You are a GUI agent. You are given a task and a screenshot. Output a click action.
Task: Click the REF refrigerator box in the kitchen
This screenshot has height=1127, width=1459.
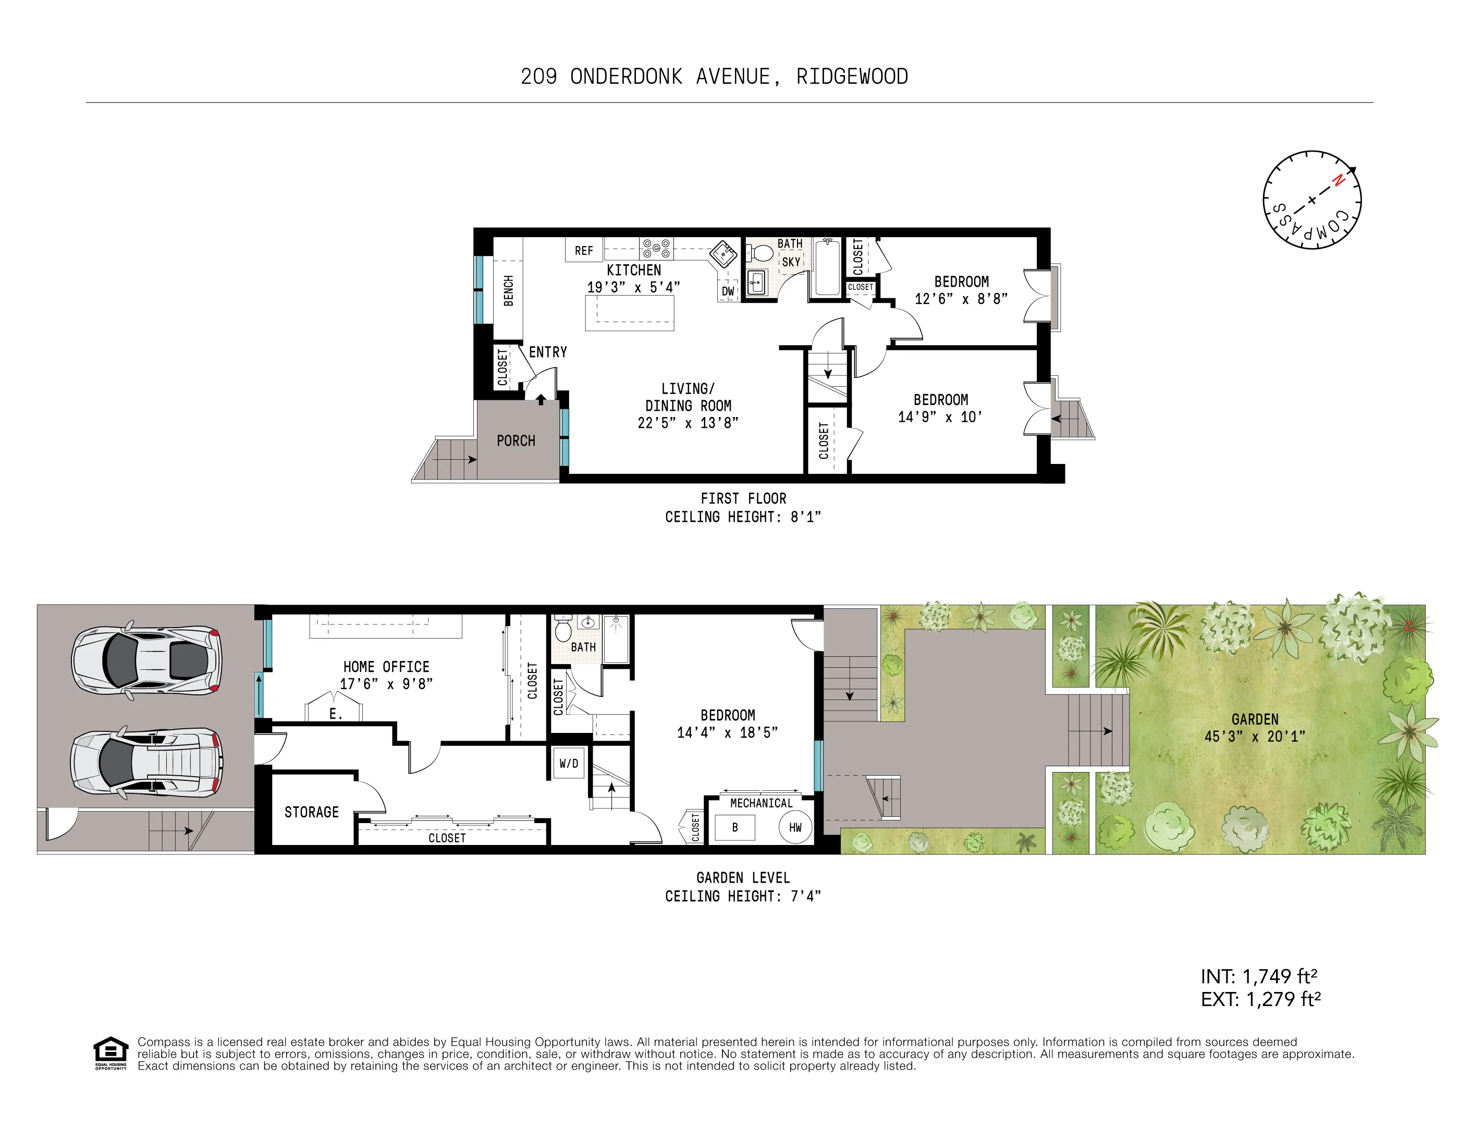583,250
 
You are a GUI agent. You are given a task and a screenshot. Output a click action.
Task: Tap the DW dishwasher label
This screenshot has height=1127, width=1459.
728,291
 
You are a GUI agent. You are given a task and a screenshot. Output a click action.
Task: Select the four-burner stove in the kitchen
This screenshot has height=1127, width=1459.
656,249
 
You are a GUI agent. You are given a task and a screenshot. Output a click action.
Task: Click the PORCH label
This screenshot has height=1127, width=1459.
516,441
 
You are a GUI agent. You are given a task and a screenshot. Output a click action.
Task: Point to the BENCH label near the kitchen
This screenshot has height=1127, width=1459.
508,290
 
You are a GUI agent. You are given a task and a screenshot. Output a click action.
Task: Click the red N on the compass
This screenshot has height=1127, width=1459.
1338,180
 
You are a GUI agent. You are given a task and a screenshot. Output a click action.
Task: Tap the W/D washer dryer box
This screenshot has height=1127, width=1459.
569,763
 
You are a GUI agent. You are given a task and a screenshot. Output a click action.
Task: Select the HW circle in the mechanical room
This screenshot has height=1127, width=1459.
795,827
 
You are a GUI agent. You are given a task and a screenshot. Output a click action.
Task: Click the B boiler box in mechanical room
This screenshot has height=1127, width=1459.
735,827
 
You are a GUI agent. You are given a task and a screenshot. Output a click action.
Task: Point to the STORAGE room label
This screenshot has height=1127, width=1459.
311,812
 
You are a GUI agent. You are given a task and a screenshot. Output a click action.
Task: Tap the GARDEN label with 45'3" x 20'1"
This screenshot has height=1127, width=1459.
1255,728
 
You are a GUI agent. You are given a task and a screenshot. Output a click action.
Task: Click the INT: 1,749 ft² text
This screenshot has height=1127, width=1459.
1259,977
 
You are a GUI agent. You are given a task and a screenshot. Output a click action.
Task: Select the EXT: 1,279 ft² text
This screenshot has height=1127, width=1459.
1260,999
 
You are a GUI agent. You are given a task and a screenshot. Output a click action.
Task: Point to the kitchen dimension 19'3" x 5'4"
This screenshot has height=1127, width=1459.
633,287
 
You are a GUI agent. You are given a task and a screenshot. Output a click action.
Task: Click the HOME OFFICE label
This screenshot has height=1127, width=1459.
386,667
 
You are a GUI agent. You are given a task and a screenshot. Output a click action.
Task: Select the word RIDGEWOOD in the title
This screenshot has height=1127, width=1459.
852,77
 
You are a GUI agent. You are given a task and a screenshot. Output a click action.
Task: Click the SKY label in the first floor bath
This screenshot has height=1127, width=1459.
791,262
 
